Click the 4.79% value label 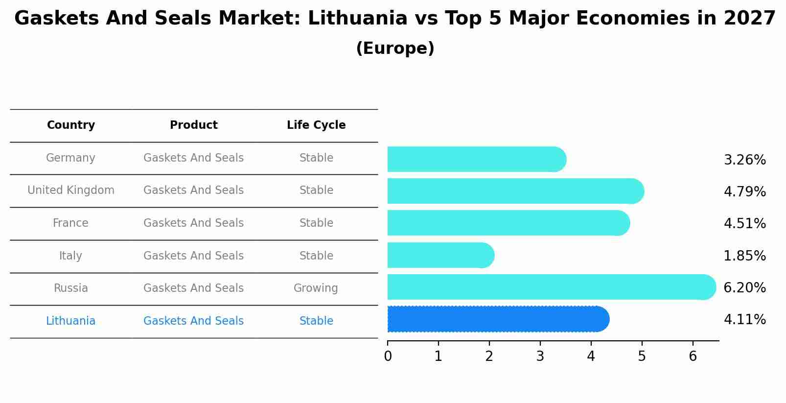744,191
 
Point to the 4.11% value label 744,320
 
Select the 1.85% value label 744,256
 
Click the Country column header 71,125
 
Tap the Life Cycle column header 316,125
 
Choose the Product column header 194,125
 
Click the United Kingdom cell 71,190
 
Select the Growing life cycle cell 316,288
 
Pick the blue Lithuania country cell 71,321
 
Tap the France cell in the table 71,223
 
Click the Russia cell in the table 71,288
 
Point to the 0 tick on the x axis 388,356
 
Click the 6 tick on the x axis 693,356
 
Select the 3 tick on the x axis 540,356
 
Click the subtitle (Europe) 395,48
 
